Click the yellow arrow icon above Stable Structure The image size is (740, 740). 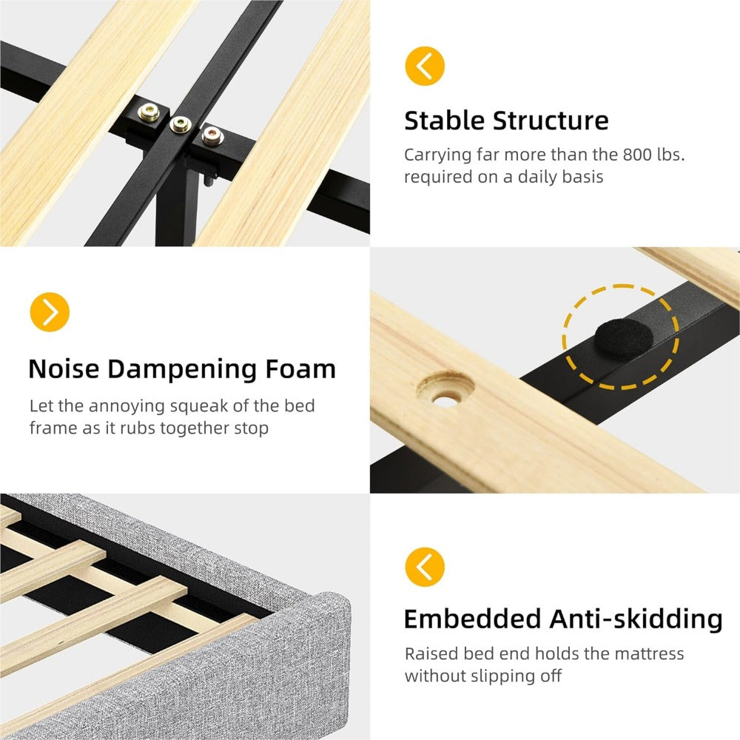click(x=425, y=66)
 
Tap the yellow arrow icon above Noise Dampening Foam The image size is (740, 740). click(x=50, y=312)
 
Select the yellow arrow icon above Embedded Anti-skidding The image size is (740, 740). click(x=425, y=567)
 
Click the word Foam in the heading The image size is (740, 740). click(x=300, y=369)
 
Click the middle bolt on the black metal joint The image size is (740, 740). click(x=181, y=124)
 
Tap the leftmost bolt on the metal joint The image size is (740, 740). click(x=149, y=112)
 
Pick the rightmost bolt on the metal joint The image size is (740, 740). click(x=212, y=136)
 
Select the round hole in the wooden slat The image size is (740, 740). click(x=445, y=389)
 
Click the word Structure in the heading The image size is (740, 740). click(x=551, y=121)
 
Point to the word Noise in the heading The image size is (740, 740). click(x=64, y=369)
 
